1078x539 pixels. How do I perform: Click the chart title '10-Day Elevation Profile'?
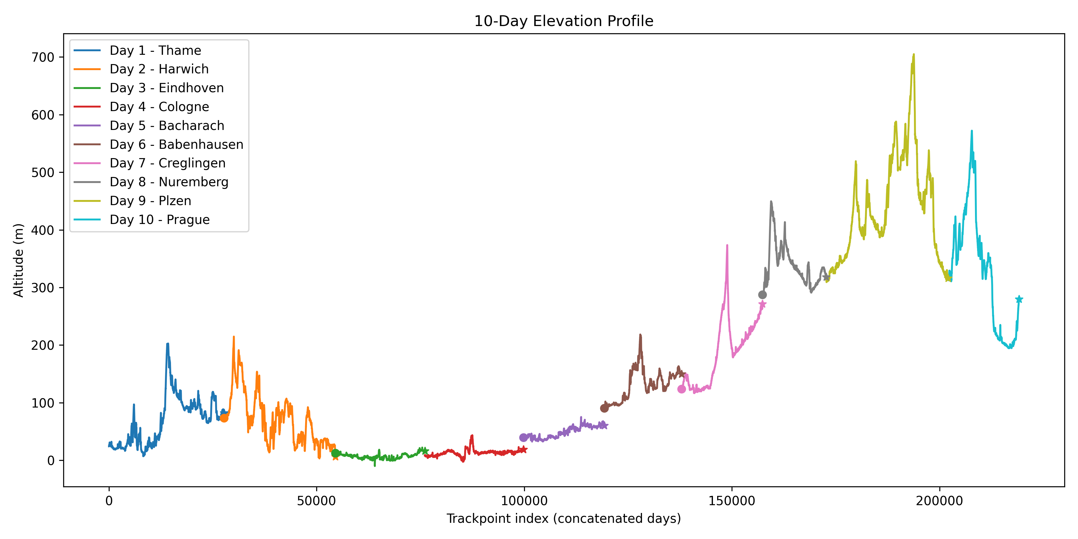click(x=563, y=21)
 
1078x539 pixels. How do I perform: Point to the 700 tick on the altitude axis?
click(x=43, y=57)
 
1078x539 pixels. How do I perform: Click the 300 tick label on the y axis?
click(x=43, y=288)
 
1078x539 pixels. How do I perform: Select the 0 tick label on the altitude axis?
click(x=51, y=461)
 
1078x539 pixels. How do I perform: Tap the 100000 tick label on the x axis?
click(x=524, y=501)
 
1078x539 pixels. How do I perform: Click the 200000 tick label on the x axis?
click(x=939, y=501)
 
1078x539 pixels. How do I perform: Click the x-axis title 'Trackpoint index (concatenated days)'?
click(x=563, y=519)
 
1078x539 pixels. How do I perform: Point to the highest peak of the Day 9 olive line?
click(x=914, y=54)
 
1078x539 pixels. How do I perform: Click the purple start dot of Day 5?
click(x=523, y=438)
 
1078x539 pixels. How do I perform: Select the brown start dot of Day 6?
click(x=604, y=408)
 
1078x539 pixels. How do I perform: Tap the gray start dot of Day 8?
click(x=762, y=295)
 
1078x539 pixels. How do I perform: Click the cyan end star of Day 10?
click(x=1019, y=299)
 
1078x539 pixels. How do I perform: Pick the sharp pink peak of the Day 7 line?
click(x=727, y=245)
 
